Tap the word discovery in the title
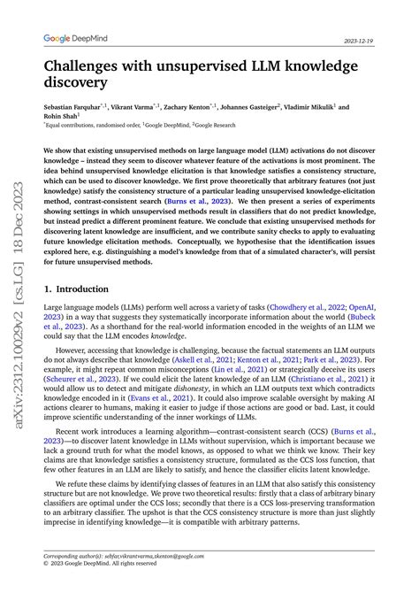[x=75, y=83]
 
